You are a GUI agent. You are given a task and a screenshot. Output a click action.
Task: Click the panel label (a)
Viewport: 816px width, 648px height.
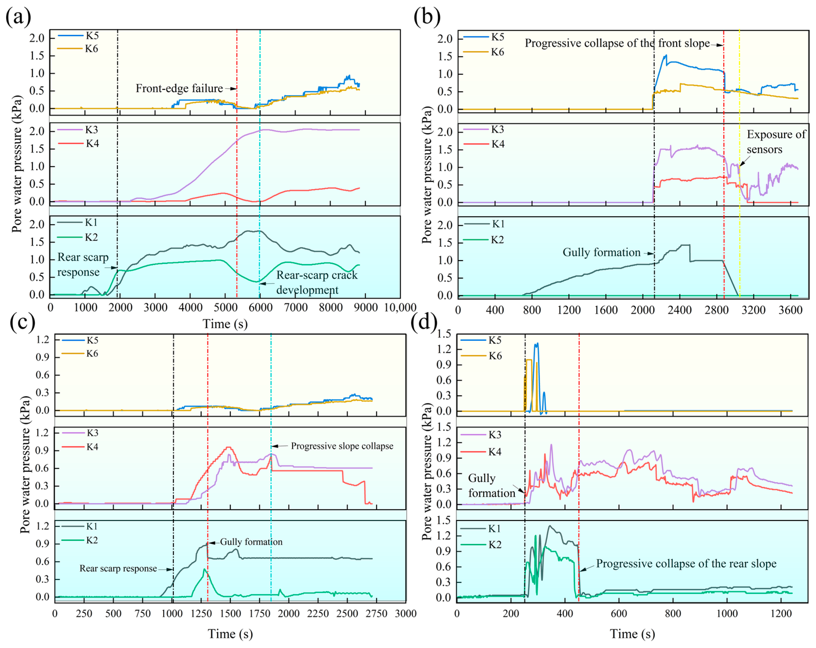[x=18, y=17]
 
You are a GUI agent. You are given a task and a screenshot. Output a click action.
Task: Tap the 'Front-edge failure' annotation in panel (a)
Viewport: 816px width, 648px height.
[x=179, y=88]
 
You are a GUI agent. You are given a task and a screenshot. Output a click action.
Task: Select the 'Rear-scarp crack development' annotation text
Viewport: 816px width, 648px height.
[x=317, y=282]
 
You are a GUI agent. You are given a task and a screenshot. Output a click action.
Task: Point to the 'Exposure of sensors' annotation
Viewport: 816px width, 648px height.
[x=776, y=142]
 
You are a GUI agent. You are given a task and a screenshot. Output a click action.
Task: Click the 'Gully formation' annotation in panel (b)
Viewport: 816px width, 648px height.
[x=601, y=252]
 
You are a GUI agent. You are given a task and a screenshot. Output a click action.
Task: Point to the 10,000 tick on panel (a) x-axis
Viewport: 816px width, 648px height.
[x=400, y=307]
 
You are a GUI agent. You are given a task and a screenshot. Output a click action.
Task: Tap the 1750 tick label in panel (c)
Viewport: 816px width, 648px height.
[x=260, y=613]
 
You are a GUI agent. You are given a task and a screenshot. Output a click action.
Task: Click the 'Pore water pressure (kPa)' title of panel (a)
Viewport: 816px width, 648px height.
[x=17, y=164]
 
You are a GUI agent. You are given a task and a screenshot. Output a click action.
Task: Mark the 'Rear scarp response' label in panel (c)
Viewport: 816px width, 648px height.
[x=118, y=568]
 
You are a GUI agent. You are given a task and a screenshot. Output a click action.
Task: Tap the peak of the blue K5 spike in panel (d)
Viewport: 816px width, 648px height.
[x=537, y=343]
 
